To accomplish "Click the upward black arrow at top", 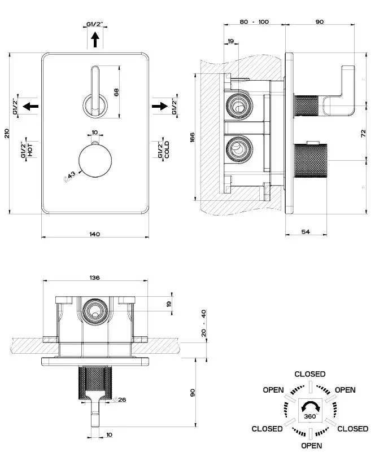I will point(95,39).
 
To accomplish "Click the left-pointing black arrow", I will point(32,106).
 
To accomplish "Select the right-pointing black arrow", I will point(161,106).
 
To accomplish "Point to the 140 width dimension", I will point(94,234).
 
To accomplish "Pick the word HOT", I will point(30,150).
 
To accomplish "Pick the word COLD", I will point(167,151).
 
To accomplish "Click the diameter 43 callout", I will point(71,177).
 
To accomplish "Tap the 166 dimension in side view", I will point(192,137).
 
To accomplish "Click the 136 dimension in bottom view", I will point(95,278).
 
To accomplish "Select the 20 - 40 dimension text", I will point(203,322).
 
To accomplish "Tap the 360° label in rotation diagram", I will point(309,416).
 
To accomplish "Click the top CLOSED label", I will point(309,374).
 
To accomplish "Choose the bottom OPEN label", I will point(308,446).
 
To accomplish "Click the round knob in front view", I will point(93,159).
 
